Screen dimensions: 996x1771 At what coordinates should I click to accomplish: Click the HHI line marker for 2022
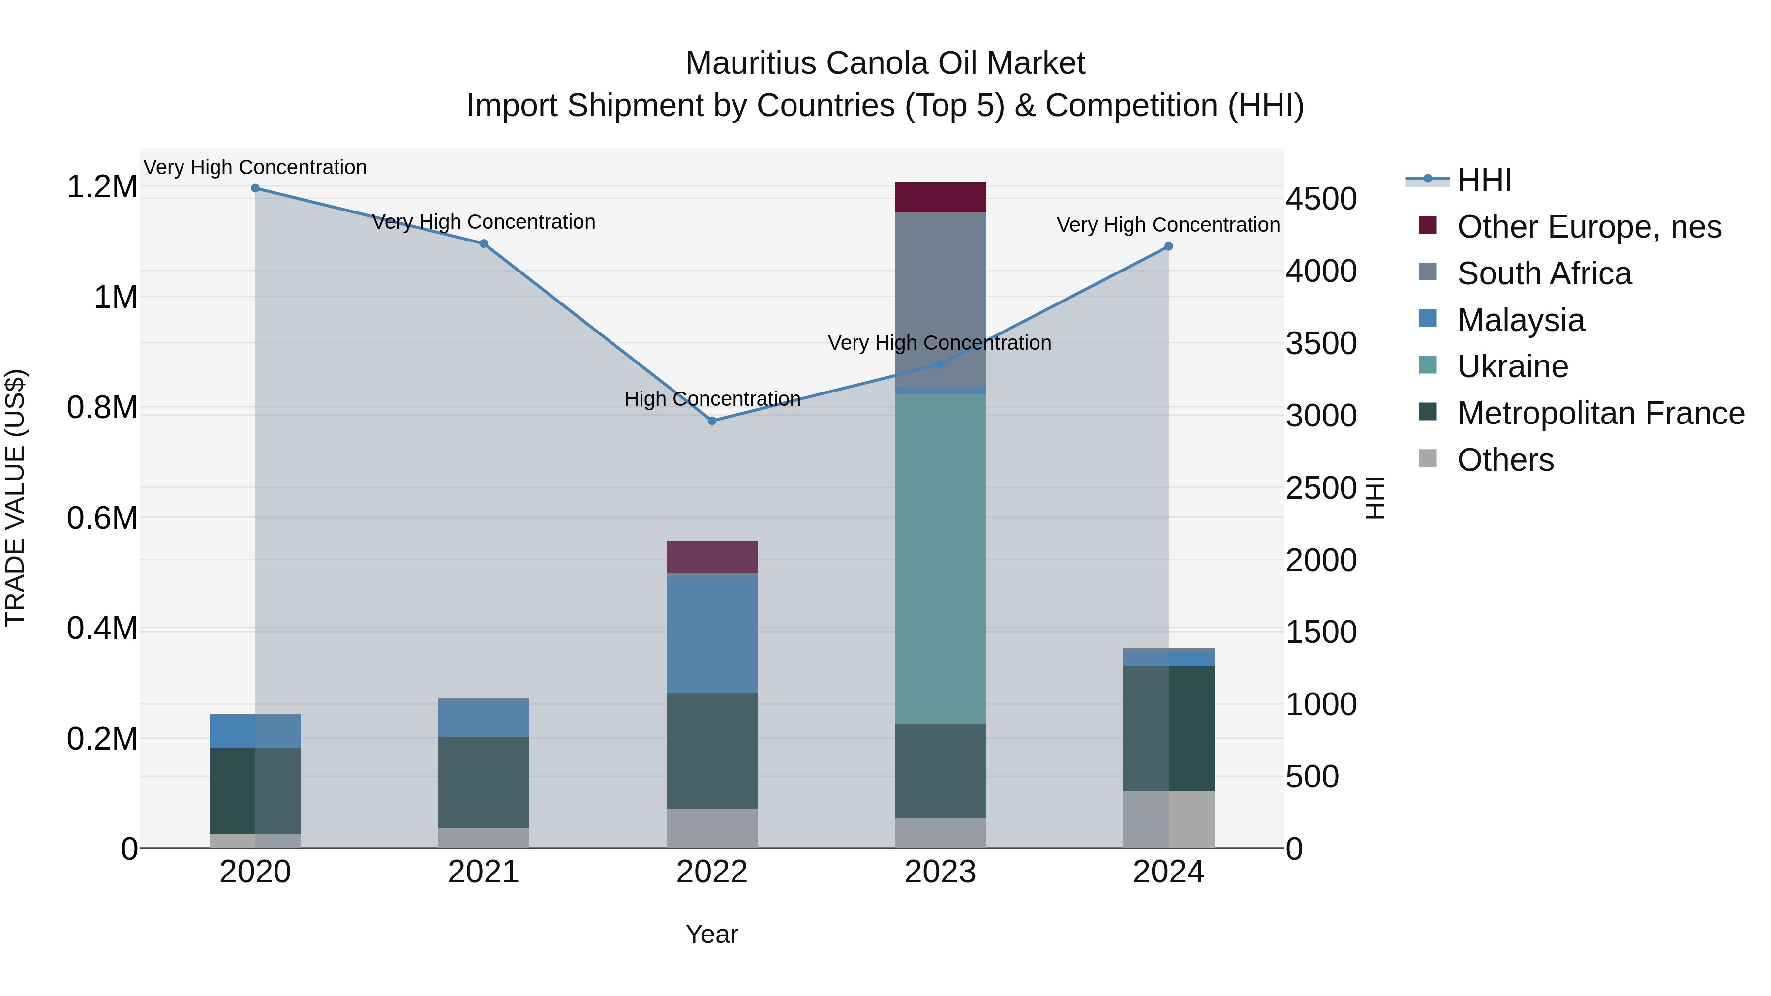[712, 421]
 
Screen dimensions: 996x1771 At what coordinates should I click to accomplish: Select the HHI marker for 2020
[255, 188]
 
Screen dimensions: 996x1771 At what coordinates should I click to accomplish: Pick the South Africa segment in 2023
[941, 300]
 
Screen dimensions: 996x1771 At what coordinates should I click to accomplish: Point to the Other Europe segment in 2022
[712, 557]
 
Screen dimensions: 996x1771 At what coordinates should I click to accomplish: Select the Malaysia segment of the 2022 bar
[712, 634]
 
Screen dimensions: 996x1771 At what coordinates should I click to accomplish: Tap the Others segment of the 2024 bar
[1169, 819]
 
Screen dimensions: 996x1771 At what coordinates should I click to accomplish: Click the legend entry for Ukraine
[1513, 366]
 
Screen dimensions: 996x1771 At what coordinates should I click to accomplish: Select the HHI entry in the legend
[1484, 180]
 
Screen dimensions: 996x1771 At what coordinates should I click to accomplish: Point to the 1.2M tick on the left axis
[102, 187]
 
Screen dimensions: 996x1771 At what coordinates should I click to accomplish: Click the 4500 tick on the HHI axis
[1321, 199]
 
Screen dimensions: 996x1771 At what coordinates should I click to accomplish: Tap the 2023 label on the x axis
[941, 872]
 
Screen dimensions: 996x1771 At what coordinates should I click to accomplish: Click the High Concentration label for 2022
[712, 399]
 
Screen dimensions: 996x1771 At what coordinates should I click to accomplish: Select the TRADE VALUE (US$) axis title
[15, 498]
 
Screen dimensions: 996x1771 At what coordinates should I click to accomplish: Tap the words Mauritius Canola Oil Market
[885, 63]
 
